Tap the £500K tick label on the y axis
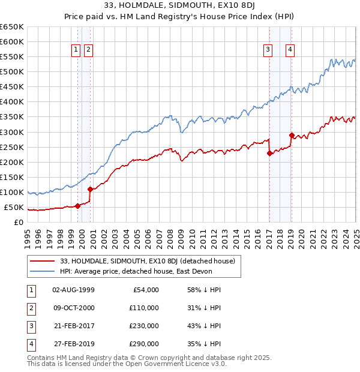tap(11, 72)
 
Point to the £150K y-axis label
tap(11, 178)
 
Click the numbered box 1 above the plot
tap(77, 50)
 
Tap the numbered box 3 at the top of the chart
tap(268, 50)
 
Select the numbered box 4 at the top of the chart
tap(290, 50)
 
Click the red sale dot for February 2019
tap(292, 135)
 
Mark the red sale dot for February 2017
tap(269, 153)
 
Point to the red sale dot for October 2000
tap(90, 189)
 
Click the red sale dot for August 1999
tap(77, 206)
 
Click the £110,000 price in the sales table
tap(144, 308)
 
